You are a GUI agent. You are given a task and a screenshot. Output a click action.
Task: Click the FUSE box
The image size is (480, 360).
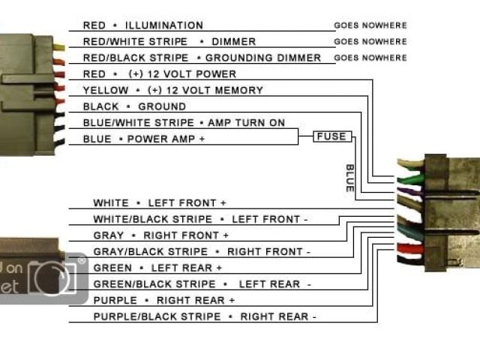coord(330,136)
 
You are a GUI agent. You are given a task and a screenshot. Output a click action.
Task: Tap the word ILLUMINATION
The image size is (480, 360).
coord(164,25)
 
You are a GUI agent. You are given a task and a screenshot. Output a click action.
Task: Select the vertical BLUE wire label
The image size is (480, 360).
coord(349,178)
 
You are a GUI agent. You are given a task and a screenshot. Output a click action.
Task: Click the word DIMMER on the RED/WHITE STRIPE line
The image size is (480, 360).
coord(234,42)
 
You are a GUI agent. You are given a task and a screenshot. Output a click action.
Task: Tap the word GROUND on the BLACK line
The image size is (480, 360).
coord(162,106)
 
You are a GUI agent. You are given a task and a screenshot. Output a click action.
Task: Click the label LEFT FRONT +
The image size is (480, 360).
coord(187,203)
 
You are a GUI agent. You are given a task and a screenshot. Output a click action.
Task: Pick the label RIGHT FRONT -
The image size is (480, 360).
coord(268,252)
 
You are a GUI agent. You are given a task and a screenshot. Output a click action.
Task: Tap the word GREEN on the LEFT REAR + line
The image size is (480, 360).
coord(112,268)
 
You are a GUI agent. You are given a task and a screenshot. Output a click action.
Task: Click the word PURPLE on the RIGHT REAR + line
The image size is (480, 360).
coord(115,300)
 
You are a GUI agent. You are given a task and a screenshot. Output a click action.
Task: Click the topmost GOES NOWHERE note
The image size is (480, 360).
coord(370,25)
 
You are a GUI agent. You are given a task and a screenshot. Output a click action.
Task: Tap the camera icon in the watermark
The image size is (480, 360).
coord(52,278)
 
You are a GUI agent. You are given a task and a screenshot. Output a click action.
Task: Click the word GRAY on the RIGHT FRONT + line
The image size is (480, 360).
coord(109,235)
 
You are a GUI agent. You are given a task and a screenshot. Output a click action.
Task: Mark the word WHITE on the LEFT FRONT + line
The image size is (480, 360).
coord(111,203)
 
